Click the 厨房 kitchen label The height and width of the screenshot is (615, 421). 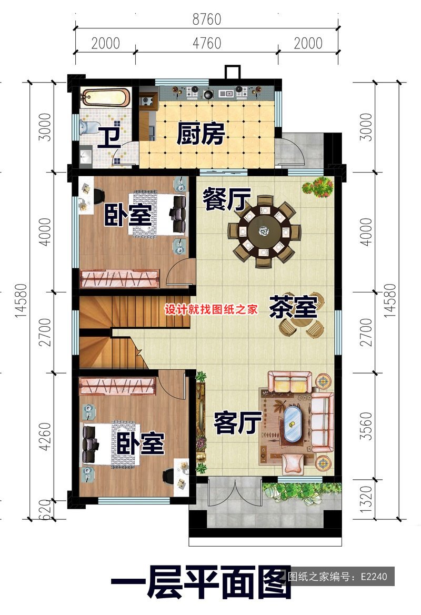201,134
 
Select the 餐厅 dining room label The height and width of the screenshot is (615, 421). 226,199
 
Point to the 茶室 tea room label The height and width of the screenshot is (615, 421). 293,306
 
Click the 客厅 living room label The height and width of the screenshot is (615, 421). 238,423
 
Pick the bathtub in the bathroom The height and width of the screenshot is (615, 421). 105,98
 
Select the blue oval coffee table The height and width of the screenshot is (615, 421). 292,423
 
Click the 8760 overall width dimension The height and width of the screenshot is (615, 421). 207,19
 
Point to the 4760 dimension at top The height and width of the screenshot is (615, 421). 207,43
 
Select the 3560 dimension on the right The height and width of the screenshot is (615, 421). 366,426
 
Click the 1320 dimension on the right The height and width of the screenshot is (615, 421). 366,499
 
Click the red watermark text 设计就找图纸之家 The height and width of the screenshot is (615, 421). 211,309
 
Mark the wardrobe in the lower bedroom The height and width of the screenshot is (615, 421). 118,386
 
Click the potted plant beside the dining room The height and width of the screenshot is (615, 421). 318,187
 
